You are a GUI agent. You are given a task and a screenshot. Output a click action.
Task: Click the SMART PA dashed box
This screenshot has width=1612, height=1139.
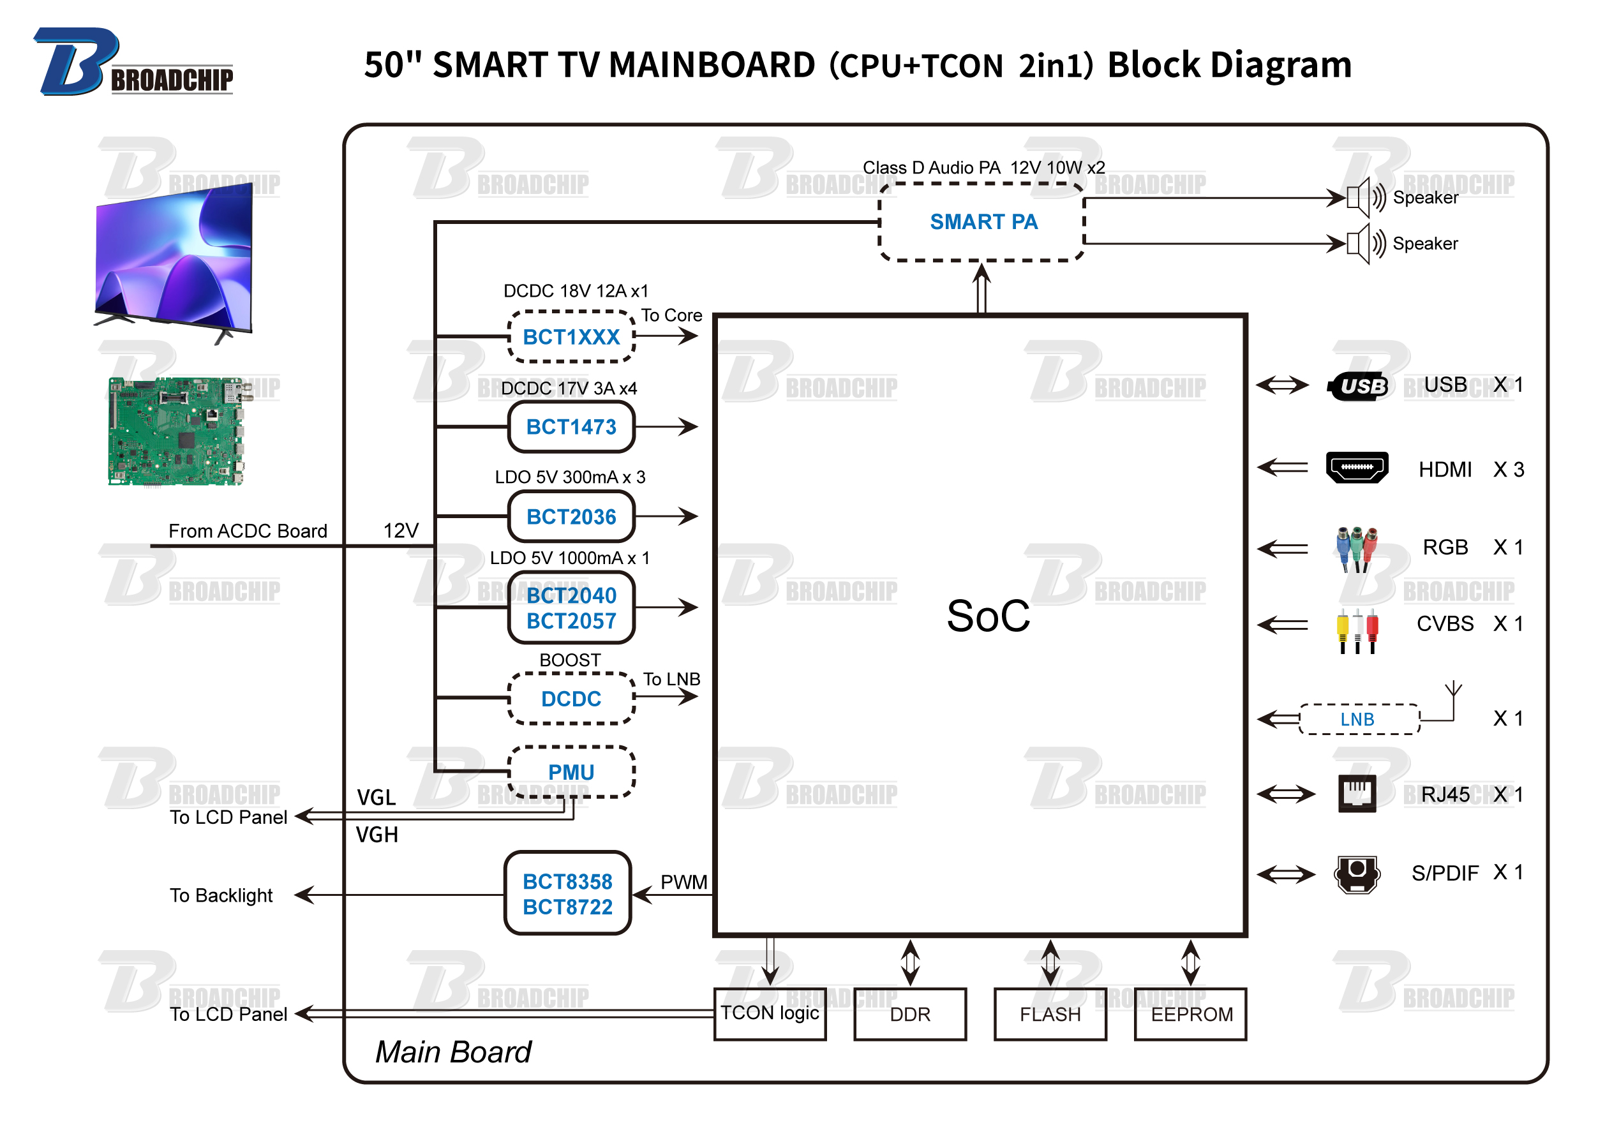click(x=983, y=222)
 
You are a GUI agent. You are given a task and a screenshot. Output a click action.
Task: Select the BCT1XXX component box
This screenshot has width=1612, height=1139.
click(x=572, y=337)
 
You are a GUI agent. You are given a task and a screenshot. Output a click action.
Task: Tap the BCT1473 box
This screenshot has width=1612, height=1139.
click(x=572, y=427)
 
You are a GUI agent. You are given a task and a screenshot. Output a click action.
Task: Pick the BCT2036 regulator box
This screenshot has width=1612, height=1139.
click(x=572, y=517)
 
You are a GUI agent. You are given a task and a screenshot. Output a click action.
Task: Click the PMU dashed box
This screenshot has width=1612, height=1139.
click(x=572, y=773)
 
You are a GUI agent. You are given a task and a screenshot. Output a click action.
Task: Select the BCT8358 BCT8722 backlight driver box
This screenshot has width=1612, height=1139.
click(x=568, y=894)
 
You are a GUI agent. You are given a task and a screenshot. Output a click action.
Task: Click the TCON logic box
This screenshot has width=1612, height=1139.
click(x=770, y=1014)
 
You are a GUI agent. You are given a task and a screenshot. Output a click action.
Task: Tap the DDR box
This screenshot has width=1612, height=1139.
click(x=911, y=1014)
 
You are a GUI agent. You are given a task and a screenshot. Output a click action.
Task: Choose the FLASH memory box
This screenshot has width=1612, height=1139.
click(x=1050, y=1014)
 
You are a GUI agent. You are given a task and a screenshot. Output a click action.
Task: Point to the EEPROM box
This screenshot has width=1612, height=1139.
click(x=1191, y=1014)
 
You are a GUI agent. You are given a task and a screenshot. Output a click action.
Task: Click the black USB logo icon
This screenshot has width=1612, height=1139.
click(x=1358, y=386)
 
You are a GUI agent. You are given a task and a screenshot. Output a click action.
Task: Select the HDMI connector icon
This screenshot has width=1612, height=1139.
click(x=1357, y=468)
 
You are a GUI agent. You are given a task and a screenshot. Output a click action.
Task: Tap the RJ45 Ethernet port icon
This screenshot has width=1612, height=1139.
click(x=1357, y=794)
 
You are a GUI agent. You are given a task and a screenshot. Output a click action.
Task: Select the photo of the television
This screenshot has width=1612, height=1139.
click(x=174, y=264)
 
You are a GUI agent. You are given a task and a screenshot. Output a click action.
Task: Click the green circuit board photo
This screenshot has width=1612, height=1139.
click(x=175, y=431)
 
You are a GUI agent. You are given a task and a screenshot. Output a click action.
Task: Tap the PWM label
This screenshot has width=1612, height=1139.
click(x=684, y=882)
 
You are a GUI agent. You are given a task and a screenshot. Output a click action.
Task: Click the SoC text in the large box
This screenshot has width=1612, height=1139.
click(x=989, y=616)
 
